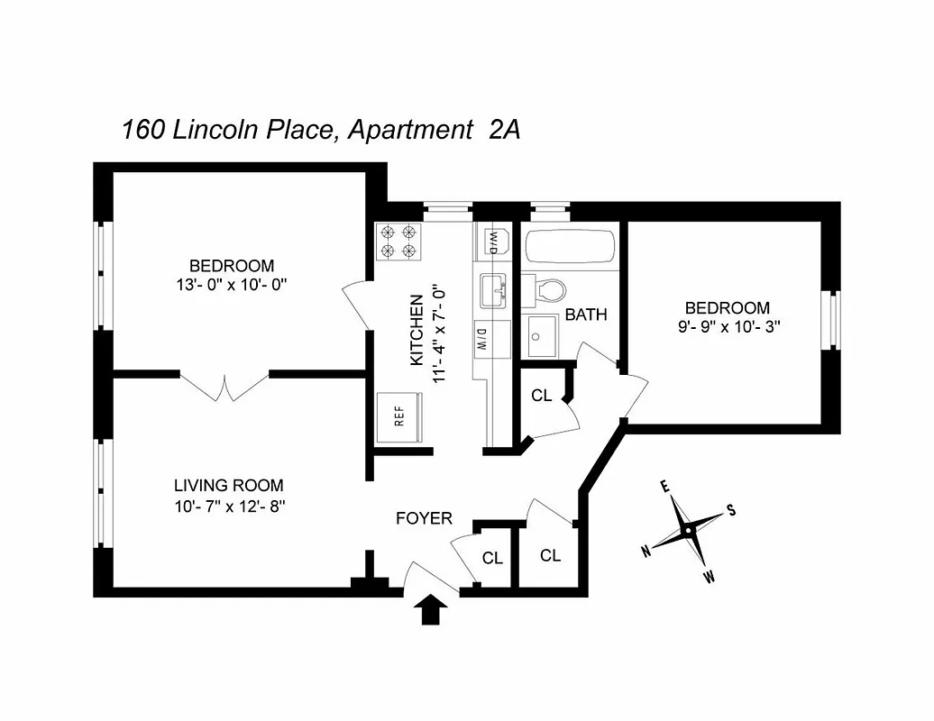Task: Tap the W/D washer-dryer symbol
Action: [x=494, y=242]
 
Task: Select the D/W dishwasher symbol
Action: [x=482, y=339]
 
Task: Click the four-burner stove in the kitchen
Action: [x=399, y=241]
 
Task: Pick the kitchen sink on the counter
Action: [x=494, y=290]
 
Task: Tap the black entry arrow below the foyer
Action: [x=431, y=610]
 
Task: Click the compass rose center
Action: [x=688, y=530]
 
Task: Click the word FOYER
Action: [x=424, y=519]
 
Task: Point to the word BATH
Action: [x=586, y=315]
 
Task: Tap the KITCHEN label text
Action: [x=417, y=330]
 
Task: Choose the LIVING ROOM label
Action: [x=229, y=485]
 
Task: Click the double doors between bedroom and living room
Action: [x=224, y=386]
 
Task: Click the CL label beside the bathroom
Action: [x=541, y=396]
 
